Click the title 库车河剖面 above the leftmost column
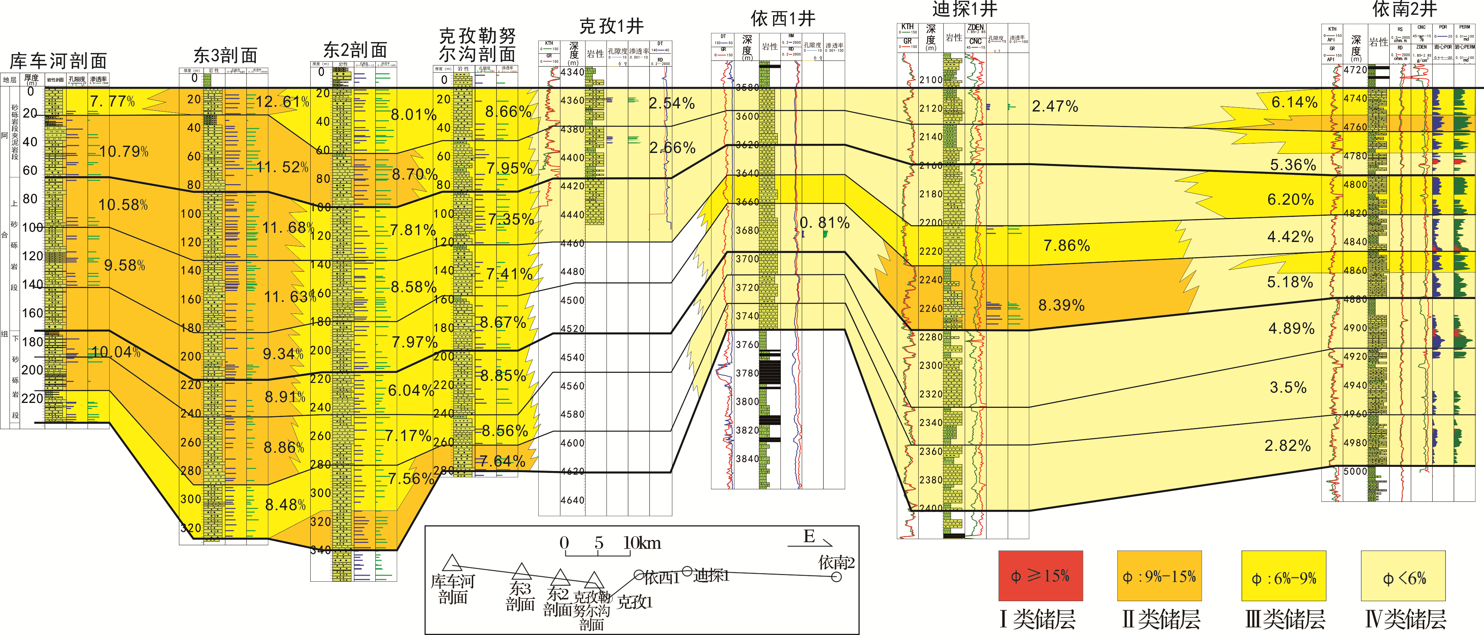(x=58, y=61)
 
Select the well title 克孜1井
(x=611, y=26)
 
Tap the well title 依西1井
(x=783, y=19)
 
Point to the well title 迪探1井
(x=964, y=9)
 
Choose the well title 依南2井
(x=1404, y=9)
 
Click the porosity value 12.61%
(x=282, y=102)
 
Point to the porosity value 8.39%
(x=1061, y=305)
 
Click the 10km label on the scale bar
(x=642, y=543)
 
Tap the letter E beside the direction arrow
(x=809, y=536)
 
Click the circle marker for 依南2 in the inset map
(x=836, y=576)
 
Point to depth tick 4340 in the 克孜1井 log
(x=572, y=72)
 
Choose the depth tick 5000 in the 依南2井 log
(x=1355, y=471)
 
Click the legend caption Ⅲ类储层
(x=1285, y=619)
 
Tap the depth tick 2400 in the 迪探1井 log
(x=930, y=508)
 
